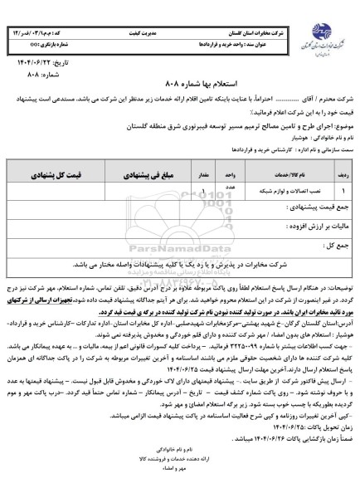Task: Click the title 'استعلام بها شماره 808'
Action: (180, 86)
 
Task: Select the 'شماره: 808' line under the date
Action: (41, 73)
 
